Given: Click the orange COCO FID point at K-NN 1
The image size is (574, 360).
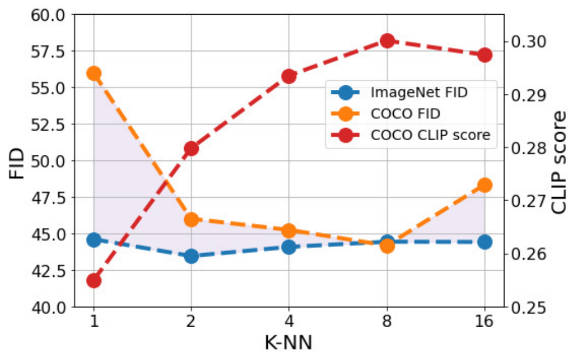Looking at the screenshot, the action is tap(94, 73).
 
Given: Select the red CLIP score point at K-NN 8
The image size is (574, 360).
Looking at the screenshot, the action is tap(387, 41).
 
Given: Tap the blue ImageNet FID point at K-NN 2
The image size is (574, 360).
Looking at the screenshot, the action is tap(192, 256).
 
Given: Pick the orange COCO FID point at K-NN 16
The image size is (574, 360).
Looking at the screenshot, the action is tap(485, 185).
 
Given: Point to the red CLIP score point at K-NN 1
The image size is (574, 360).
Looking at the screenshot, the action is tap(94, 281).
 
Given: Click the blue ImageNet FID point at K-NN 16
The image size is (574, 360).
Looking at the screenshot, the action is tap(485, 242).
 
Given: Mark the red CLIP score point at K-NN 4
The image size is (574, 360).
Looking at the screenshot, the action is tap(289, 76).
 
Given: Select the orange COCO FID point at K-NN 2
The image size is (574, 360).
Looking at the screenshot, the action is tap(192, 220).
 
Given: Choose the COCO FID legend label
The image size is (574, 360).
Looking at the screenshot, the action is tap(405, 114).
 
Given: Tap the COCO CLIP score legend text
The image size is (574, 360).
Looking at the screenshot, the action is tap(430, 135).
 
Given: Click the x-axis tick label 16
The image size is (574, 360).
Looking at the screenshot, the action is tap(485, 322).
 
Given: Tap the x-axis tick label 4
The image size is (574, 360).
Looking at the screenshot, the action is tap(289, 322).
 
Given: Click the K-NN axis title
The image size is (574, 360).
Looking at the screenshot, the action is tap(289, 343).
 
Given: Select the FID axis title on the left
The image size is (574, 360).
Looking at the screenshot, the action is tap(17, 163).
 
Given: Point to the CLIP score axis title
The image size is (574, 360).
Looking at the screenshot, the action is tap(559, 163).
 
